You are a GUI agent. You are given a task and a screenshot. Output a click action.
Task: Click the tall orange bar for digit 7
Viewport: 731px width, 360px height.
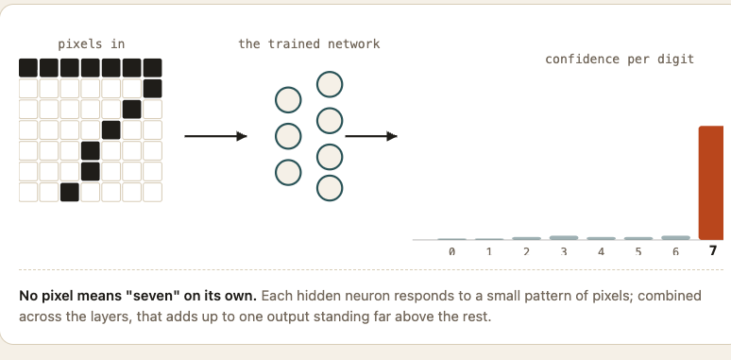pyautogui.click(x=711, y=182)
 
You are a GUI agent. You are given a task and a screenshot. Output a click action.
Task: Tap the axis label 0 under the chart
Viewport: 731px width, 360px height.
pyautogui.click(x=451, y=252)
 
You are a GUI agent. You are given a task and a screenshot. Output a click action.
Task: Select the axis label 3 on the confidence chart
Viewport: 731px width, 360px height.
pyautogui.click(x=564, y=252)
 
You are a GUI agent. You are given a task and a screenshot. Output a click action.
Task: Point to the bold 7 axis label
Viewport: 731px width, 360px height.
pyautogui.click(x=713, y=251)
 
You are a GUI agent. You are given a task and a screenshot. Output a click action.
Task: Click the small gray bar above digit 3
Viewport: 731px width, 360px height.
pyautogui.click(x=564, y=238)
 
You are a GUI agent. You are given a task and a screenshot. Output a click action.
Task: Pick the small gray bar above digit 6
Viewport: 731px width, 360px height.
pyautogui.click(x=675, y=238)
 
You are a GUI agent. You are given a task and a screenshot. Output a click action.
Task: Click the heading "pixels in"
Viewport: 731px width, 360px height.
pyautogui.click(x=92, y=44)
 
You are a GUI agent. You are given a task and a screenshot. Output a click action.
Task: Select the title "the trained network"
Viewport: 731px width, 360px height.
pyautogui.click(x=309, y=44)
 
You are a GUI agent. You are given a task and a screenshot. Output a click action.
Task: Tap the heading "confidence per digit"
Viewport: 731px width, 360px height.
pyautogui.click(x=620, y=60)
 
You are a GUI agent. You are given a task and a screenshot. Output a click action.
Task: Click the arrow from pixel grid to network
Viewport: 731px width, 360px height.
pyautogui.click(x=216, y=136)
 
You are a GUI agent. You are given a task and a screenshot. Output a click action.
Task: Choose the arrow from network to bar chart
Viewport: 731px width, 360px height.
pyautogui.click(x=371, y=136)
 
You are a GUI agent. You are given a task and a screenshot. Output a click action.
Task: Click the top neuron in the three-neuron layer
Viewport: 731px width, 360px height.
pyautogui.click(x=288, y=100)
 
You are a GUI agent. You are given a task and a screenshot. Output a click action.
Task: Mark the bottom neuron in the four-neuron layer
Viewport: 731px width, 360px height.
pyautogui.click(x=330, y=188)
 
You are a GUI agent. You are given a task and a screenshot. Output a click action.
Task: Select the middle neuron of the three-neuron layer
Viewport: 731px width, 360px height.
pyautogui.click(x=288, y=136)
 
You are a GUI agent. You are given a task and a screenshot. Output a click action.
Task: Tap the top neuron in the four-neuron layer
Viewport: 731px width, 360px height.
pyautogui.click(x=330, y=84)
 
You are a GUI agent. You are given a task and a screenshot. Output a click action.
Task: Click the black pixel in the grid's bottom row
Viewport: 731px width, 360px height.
pyautogui.click(x=70, y=192)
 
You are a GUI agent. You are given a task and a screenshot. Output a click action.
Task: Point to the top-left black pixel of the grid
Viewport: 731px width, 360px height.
pyautogui.click(x=28, y=68)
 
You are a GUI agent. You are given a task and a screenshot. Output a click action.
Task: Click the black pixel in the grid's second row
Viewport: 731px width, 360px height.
pyautogui.click(x=152, y=89)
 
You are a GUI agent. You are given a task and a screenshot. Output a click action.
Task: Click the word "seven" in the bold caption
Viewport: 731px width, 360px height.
pyautogui.click(x=154, y=296)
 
